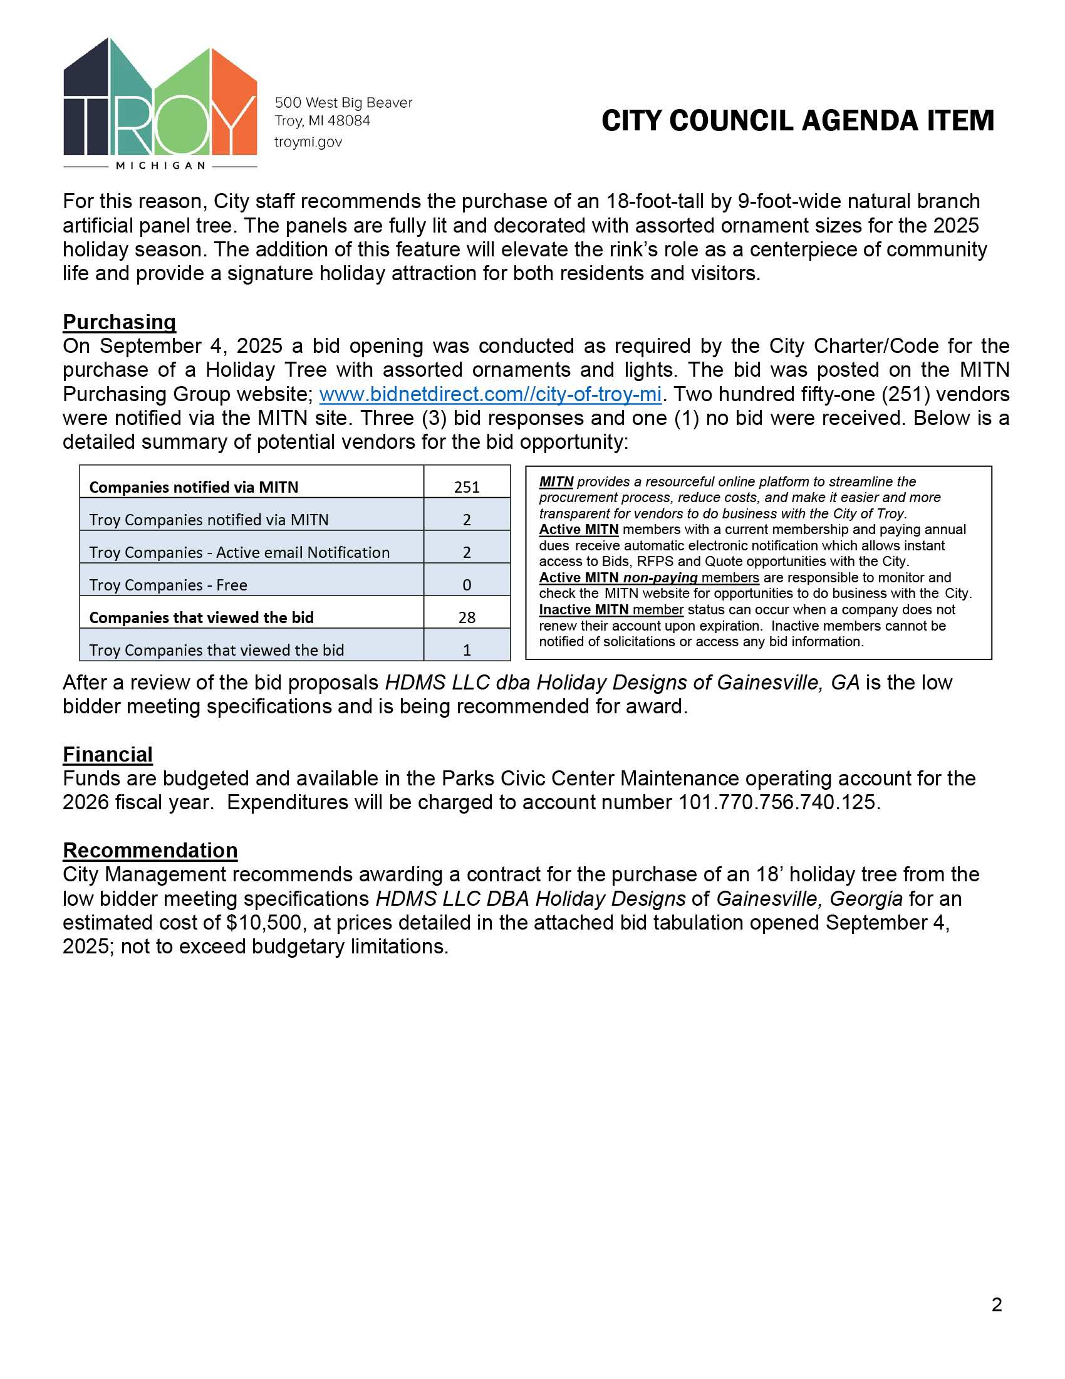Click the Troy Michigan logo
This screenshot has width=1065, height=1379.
point(160,101)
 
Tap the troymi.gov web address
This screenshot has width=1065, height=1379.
point(308,142)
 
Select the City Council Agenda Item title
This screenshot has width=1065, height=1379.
point(797,120)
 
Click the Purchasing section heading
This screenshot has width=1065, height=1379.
point(119,322)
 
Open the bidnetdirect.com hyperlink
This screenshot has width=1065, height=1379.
point(491,395)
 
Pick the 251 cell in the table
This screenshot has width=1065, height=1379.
point(467,487)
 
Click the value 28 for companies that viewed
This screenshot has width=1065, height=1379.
point(467,617)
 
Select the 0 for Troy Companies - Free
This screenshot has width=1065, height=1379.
point(467,585)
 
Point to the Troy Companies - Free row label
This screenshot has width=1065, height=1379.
point(168,585)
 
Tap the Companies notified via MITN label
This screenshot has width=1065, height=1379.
point(194,487)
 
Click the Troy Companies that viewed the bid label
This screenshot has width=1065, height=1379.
point(216,650)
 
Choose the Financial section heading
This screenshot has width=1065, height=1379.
point(107,755)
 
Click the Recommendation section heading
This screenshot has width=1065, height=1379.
point(150,851)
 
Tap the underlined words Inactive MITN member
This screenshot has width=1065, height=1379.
point(611,610)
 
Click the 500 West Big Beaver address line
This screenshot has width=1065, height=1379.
point(343,103)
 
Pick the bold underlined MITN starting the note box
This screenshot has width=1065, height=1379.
point(556,482)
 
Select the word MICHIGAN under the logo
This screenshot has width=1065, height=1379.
point(160,165)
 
